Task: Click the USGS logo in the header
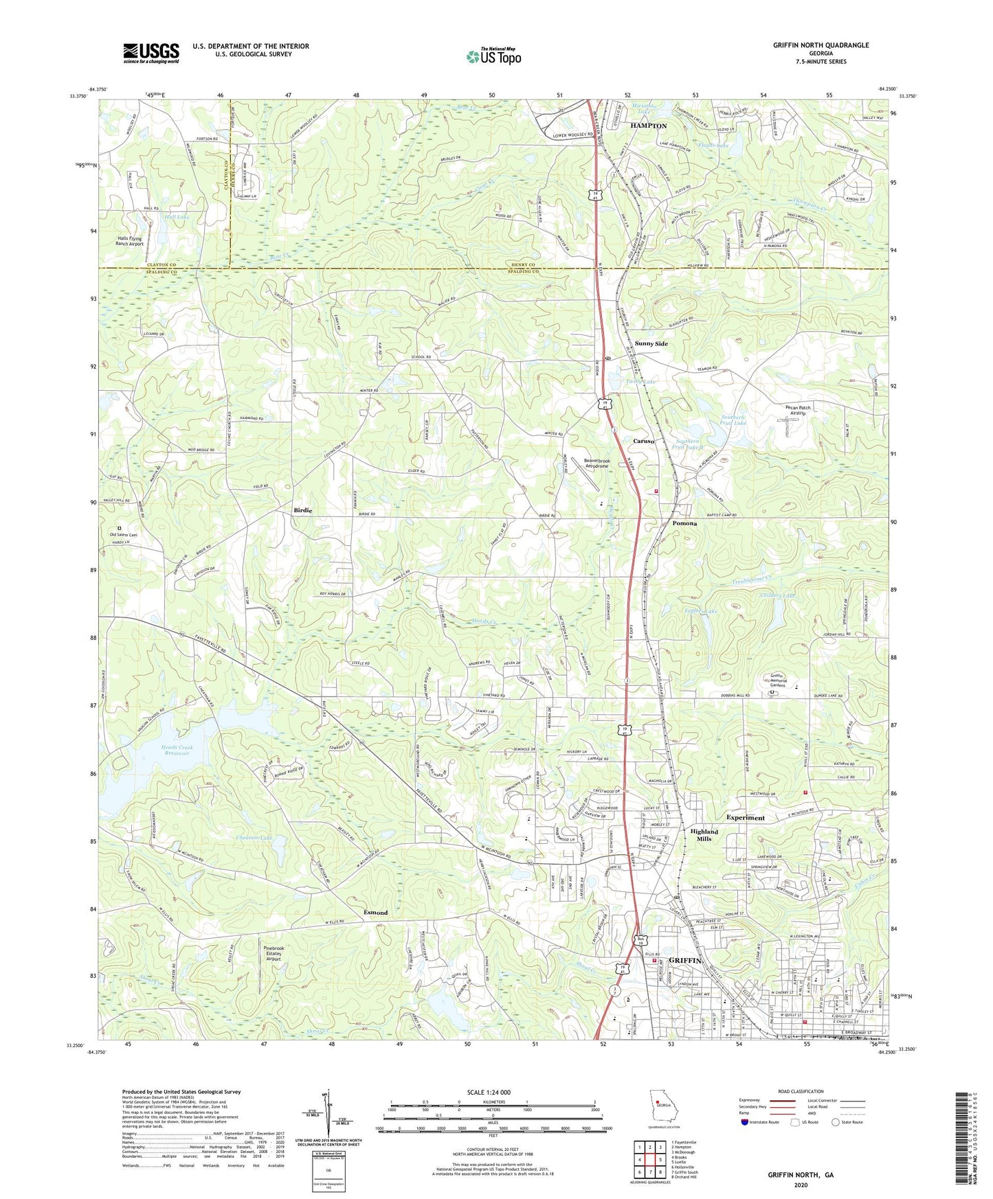(x=151, y=53)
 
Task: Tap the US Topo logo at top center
(x=493, y=56)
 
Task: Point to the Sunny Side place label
(x=651, y=343)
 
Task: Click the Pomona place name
(x=684, y=523)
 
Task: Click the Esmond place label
(x=375, y=912)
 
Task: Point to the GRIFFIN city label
(x=684, y=961)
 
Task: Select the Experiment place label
(x=745, y=818)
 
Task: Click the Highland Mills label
(x=704, y=835)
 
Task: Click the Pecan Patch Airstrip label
(x=798, y=411)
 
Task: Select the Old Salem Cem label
(x=123, y=535)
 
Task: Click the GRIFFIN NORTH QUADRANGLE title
(x=821, y=45)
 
